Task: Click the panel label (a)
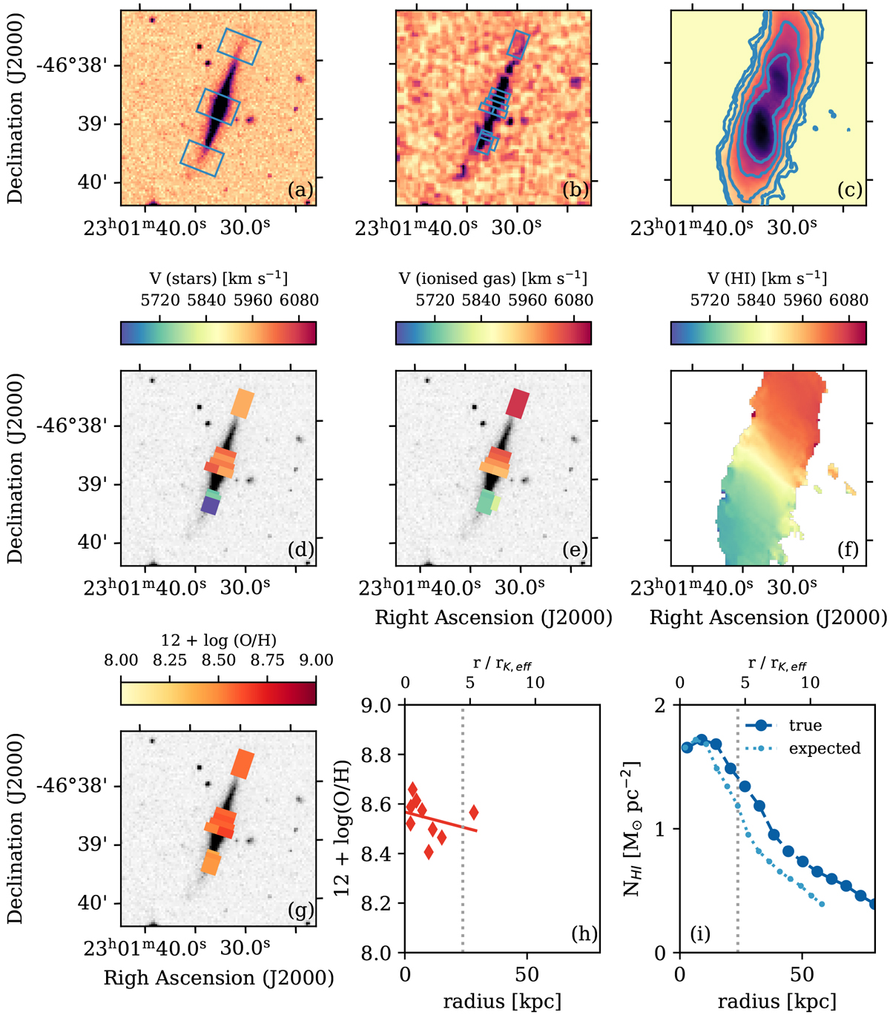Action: [x=300, y=190]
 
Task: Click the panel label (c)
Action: [x=850, y=190]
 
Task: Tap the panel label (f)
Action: [x=850, y=549]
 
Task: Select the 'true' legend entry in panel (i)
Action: [x=805, y=725]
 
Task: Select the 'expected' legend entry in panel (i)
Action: [x=824, y=748]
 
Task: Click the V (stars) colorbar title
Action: [x=218, y=278]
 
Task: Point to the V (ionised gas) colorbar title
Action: [x=493, y=278]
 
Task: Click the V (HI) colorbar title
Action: [x=768, y=278]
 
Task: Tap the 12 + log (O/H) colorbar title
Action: [x=218, y=640]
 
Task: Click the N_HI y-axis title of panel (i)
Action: [x=633, y=828]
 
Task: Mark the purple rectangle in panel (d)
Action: [x=211, y=506]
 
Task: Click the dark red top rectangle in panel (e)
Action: [x=518, y=402]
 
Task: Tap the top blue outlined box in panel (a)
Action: [x=240, y=46]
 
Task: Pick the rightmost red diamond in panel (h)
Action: [x=474, y=813]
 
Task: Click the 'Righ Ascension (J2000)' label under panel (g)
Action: [x=219, y=977]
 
